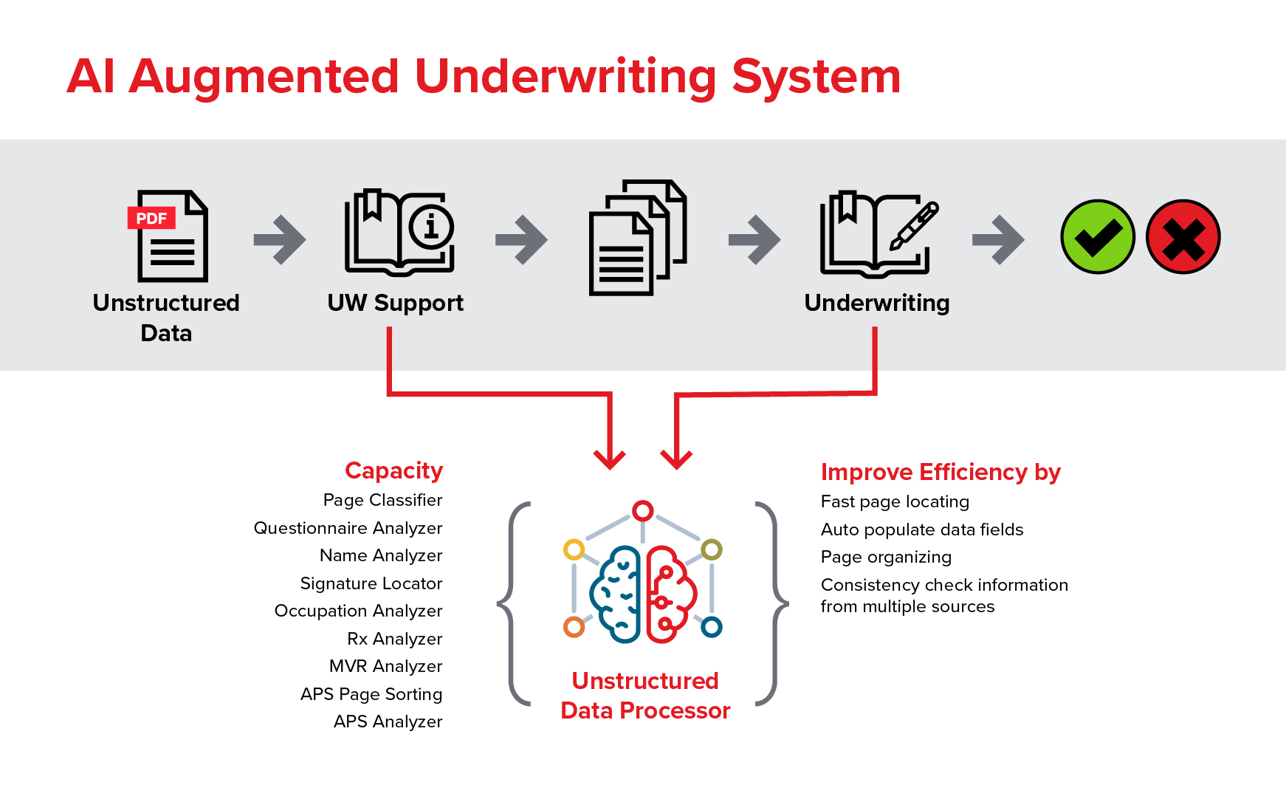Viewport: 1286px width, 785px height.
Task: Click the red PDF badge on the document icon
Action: coord(151,219)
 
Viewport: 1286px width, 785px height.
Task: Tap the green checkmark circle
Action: coord(1098,237)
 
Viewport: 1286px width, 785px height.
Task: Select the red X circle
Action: coord(1183,237)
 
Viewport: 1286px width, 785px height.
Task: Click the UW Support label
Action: coord(396,303)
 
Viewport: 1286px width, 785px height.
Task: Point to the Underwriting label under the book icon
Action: coord(877,303)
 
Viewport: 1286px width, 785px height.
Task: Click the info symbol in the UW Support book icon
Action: coord(431,226)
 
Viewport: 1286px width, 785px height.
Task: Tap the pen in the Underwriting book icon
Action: coord(915,225)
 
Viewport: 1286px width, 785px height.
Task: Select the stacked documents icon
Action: coord(638,237)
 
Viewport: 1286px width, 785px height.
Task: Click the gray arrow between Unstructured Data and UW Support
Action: coord(280,239)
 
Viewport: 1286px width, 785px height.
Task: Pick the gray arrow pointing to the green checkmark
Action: coord(998,239)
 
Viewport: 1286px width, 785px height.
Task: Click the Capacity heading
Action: coord(393,470)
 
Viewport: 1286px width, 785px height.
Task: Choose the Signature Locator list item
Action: coord(371,583)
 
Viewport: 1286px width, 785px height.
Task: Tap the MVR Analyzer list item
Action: coord(385,666)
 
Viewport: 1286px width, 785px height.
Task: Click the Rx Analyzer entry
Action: coord(394,639)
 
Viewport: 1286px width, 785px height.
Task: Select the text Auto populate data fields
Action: coord(922,529)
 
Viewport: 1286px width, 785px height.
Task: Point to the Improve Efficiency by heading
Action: coord(941,472)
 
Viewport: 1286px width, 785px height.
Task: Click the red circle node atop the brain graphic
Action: coord(643,510)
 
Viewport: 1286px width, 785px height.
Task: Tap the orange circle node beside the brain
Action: coord(574,627)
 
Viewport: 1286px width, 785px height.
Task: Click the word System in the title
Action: coord(816,77)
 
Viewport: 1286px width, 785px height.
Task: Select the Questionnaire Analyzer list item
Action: coord(348,528)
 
